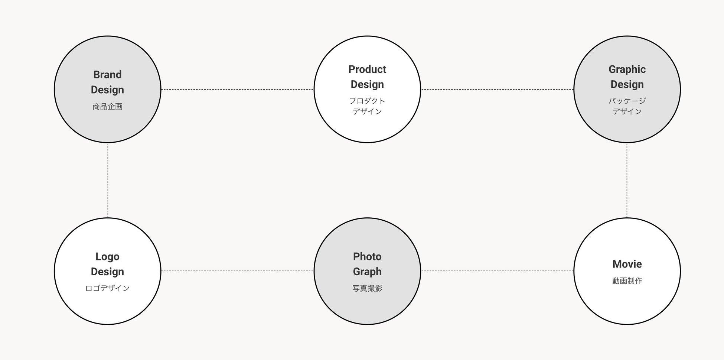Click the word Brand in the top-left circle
point(107,75)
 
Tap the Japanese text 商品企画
point(107,107)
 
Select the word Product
point(367,69)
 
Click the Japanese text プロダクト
point(367,101)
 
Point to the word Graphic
point(627,69)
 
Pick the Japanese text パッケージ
point(627,101)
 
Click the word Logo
point(107,257)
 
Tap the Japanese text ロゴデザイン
point(107,288)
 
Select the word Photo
point(367,257)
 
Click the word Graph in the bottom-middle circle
point(367,272)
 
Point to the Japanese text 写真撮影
point(367,288)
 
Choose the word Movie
point(627,264)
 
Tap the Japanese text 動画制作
point(627,281)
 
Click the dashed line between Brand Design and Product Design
point(237,90)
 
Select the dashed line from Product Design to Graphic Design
point(497,90)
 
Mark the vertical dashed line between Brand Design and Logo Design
point(108,180)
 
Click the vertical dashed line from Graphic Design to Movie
point(627,180)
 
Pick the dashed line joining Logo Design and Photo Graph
point(237,271)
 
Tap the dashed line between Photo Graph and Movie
point(497,271)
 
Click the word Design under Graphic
point(627,84)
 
